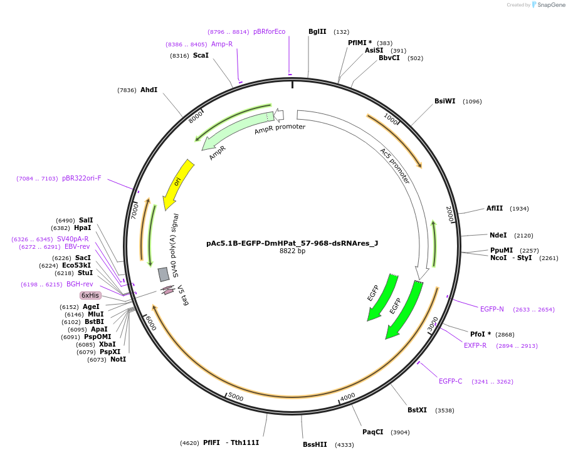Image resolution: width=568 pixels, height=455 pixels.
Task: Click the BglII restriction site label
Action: (317, 32)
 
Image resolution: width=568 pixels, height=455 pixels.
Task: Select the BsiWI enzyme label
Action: (444, 101)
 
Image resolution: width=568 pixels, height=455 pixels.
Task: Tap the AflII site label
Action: (495, 209)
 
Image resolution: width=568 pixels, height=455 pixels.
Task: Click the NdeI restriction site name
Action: (498, 236)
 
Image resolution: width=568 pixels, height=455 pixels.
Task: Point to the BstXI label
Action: (417, 411)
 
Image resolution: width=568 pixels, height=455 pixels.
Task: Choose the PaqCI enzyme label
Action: (372, 432)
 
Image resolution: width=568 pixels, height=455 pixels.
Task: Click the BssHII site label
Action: (315, 444)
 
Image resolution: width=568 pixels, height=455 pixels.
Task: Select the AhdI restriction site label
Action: (149, 90)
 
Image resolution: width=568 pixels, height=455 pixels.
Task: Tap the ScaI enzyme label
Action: (201, 56)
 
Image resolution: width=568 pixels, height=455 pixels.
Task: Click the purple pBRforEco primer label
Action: (269, 32)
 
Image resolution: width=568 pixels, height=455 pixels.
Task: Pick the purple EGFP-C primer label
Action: (450, 381)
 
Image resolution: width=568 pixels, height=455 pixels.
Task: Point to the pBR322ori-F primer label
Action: (82, 179)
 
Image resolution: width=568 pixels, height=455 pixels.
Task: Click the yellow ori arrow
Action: (176, 184)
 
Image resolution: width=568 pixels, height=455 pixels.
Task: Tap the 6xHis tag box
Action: (90, 295)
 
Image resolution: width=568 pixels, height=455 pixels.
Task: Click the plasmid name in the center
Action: (292, 243)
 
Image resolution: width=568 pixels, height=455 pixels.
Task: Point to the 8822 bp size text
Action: (292, 251)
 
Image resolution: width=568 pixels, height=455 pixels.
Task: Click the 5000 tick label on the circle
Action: (235, 397)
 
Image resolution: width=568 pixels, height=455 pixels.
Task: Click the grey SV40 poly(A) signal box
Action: (164, 274)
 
